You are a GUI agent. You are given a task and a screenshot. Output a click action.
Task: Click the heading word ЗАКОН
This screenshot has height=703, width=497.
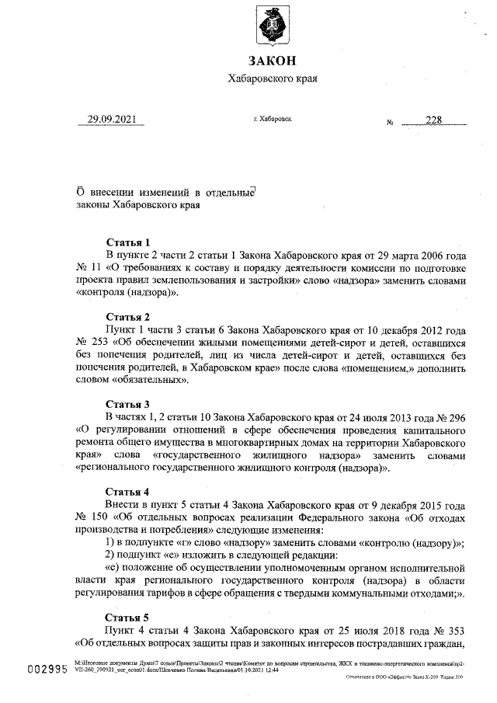tap(272, 61)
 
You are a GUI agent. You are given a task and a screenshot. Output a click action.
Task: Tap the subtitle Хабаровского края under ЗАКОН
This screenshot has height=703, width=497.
tap(272, 78)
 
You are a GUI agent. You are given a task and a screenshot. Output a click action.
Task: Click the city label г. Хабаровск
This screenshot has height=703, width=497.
tap(273, 120)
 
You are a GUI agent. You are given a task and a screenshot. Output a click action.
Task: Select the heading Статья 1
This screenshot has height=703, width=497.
tap(127, 242)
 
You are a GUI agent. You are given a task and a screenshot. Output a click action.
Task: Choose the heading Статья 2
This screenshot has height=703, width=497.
tap(127, 317)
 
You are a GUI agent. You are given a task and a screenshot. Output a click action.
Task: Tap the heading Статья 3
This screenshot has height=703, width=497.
tap(127, 404)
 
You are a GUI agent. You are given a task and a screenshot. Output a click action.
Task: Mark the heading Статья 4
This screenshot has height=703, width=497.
tap(127, 492)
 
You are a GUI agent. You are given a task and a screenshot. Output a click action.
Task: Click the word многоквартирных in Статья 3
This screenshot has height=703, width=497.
tap(252, 442)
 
